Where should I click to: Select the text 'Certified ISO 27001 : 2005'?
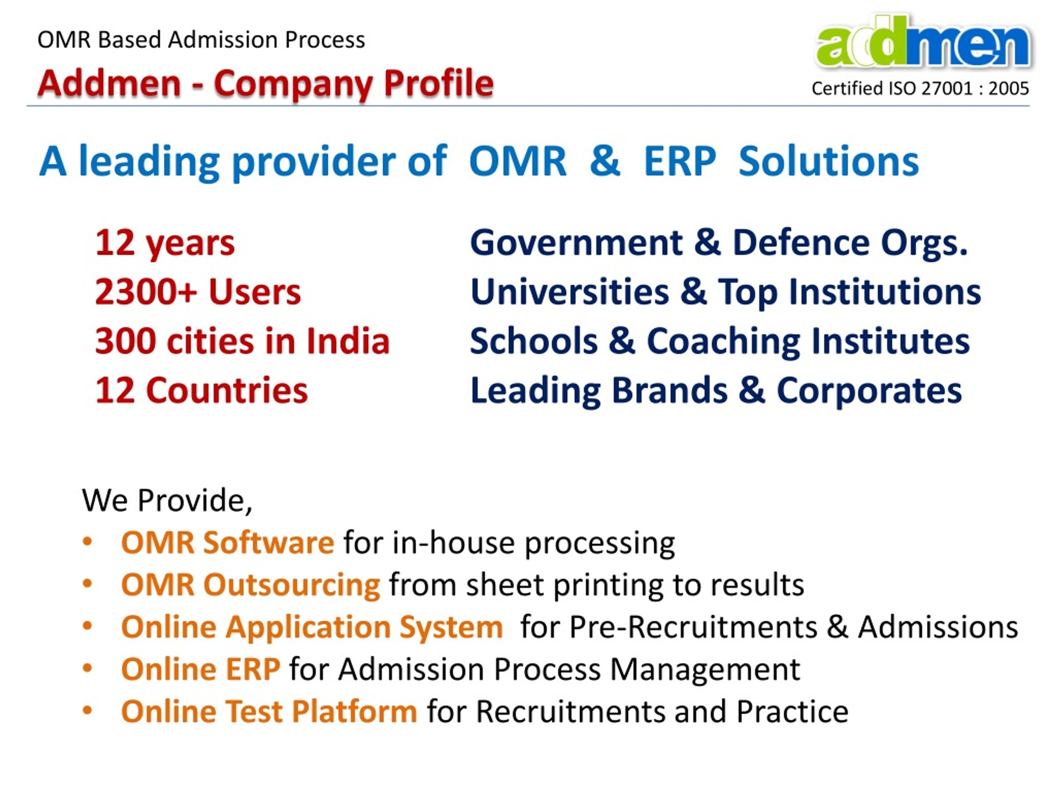(920, 88)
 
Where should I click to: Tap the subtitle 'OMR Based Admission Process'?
(201, 40)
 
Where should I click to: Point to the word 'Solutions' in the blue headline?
(828, 162)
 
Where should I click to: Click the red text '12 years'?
(165, 244)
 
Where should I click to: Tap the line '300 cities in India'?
(243, 341)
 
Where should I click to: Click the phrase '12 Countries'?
(201, 390)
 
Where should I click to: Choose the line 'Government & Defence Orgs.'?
(719, 243)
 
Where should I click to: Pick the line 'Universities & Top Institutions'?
(726, 292)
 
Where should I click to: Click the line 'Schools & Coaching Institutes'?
(720, 341)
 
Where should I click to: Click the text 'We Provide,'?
(167, 500)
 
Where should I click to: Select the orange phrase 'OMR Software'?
(228, 543)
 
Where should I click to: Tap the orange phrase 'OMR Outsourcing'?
(251, 585)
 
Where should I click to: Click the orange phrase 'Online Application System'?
(312, 627)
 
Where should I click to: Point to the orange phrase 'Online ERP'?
(200, 669)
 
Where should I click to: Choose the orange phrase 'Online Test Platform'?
(269, 711)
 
